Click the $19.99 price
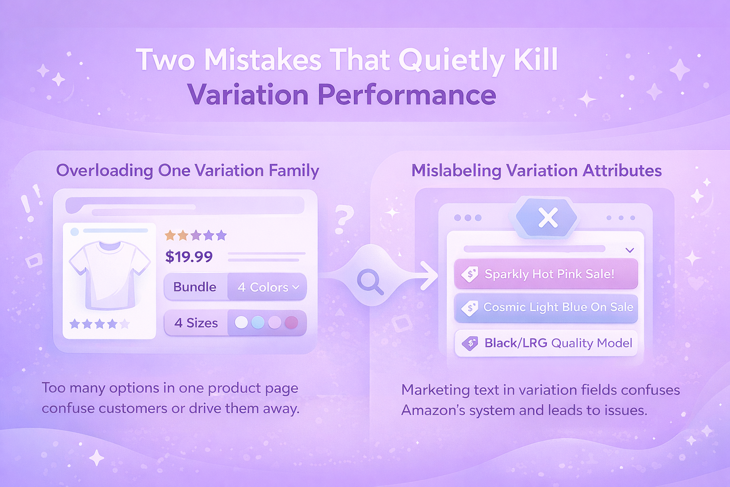click(189, 256)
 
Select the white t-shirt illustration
click(109, 275)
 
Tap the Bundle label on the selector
click(194, 287)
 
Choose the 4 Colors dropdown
click(267, 287)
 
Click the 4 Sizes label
click(196, 323)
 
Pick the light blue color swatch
click(258, 322)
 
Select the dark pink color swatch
click(291, 322)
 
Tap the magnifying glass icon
click(371, 282)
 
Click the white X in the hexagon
click(548, 217)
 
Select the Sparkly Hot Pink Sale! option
click(546, 273)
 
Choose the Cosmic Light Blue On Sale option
click(546, 307)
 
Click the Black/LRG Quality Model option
click(546, 343)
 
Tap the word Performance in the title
click(407, 95)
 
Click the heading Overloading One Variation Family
click(188, 171)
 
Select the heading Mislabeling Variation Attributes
click(537, 171)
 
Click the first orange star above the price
click(170, 235)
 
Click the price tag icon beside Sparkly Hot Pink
click(470, 274)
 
